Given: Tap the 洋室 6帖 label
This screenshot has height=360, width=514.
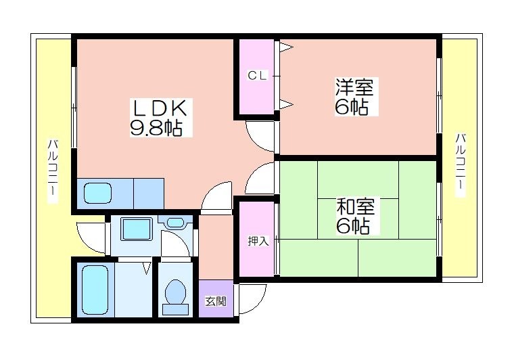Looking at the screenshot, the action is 354,96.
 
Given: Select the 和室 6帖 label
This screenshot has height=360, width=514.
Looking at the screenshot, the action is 356,215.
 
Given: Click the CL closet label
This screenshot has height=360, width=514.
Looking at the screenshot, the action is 257,76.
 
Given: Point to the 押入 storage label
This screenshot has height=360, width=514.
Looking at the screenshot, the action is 258,241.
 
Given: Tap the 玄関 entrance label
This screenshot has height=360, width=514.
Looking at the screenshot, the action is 215,301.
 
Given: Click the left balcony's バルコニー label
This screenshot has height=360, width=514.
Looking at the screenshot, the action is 53,171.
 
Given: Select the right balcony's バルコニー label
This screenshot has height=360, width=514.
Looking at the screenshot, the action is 461,165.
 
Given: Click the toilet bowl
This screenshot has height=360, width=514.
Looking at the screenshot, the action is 175,296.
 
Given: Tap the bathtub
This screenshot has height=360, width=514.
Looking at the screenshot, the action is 95,290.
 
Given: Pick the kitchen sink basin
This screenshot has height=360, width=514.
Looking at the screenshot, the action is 97,193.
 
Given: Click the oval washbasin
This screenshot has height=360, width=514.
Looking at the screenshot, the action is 175,223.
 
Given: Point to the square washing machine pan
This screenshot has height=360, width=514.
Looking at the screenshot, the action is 137,229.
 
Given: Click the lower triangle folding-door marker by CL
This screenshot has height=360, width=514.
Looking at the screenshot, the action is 286,104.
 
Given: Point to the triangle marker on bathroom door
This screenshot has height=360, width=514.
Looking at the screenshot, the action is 147,267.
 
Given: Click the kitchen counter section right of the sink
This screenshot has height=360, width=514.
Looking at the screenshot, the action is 149,194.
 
